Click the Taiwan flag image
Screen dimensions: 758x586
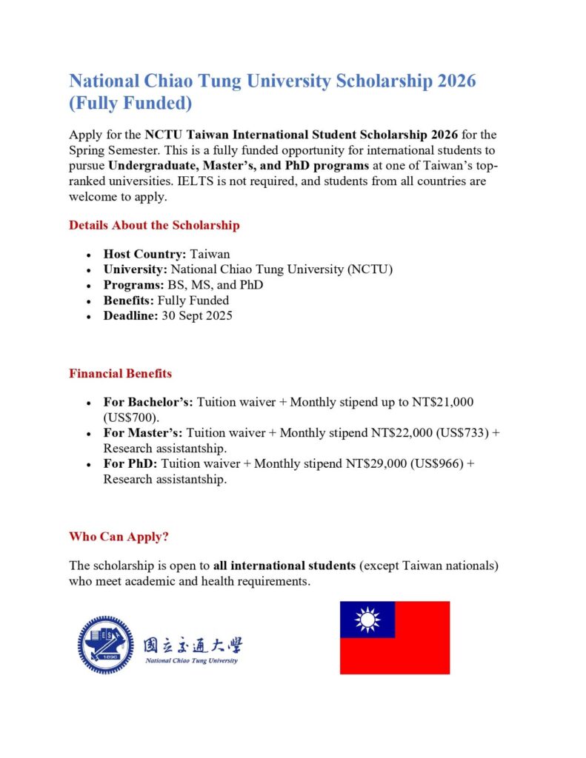point(394,637)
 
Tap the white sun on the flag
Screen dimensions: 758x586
point(367,620)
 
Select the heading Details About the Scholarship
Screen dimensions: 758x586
point(154,225)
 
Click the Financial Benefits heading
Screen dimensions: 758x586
point(120,373)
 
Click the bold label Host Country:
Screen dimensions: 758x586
point(144,254)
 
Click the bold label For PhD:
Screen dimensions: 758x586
point(130,464)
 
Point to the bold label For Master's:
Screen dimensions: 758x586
point(143,433)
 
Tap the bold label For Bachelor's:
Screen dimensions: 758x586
point(148,402)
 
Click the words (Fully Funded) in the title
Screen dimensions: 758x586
point(130,103)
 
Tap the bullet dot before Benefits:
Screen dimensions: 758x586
point(89,301)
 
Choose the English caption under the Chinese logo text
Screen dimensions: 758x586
point(192,660)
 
